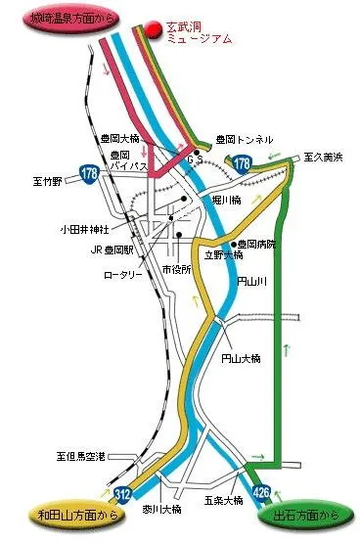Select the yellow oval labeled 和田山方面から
coord(59,512)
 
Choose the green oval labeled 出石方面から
coord(303,512)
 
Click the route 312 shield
coord(122,493)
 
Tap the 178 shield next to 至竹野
coord(90,174)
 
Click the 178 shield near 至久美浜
coord(242,164)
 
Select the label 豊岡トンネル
coord(245,140)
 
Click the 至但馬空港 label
coord(81,456)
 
